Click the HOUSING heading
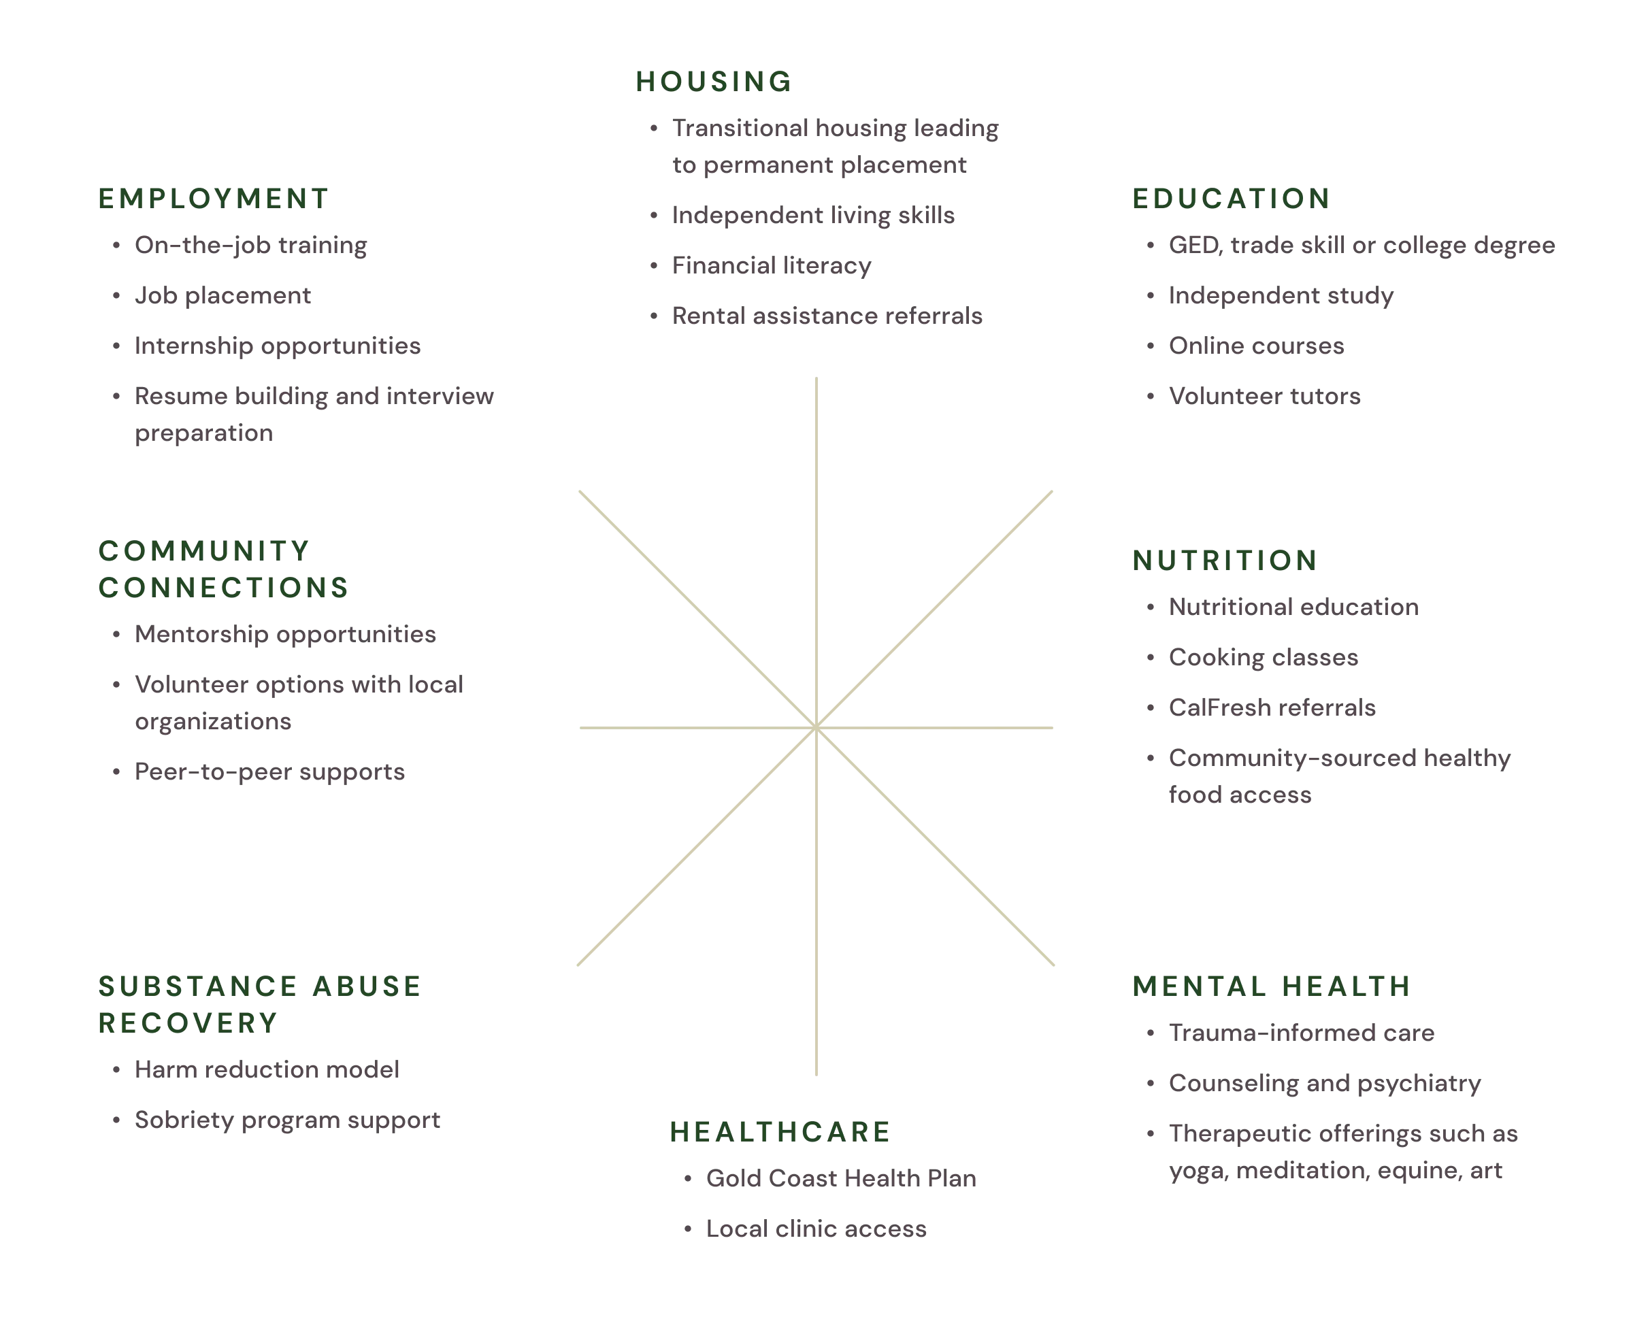click(x=713, y=82)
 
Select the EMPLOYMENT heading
click(x=215, y=199)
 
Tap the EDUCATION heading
click(x=1230, y=199)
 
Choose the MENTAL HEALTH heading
click(x=1271, y=986)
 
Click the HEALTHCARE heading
click(x=780, y=1133)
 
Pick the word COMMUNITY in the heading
click(x=204, y=551)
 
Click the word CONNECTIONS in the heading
click(x=223, y=588)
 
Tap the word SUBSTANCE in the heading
click(x=191, y=986)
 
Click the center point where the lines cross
click(x=816, y=727)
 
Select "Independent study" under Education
click(x=1281, y=295)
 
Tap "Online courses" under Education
click(x=1255, y=346)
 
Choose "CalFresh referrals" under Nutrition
click(x=1271, y=708)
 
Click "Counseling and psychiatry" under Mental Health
click(x=1325, y=1084)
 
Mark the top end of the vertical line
click(x=816, y=378)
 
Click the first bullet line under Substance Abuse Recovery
click(x=269, y=1069)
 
